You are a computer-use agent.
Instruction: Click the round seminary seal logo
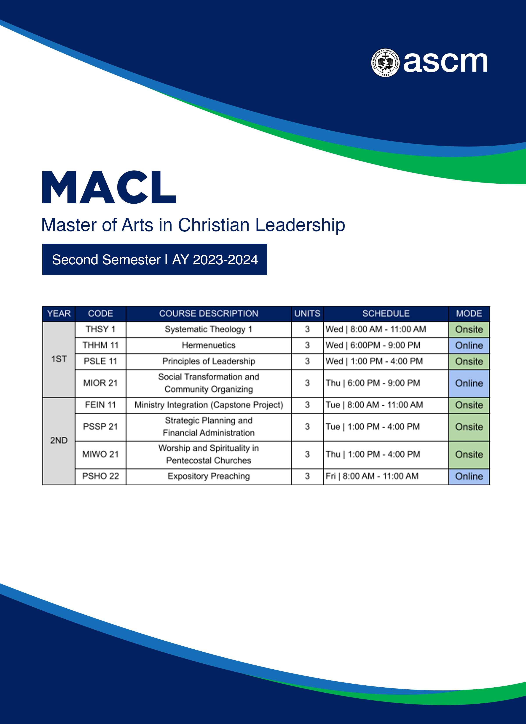[385, 63]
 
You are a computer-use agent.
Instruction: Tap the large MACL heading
[109, 188]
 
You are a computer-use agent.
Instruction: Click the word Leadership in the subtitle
[300, 225]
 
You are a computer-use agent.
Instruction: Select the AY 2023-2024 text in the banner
[215, 260]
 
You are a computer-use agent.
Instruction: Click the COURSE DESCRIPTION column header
[209, 314]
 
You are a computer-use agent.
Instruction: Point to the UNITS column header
[307, 314]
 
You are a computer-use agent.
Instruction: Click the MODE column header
[469, 314]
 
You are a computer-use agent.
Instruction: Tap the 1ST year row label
[59, 359]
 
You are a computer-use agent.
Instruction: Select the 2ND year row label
[59, 441]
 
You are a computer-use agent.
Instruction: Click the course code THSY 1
[100, 329]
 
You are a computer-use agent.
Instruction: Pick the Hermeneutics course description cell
[209, 345]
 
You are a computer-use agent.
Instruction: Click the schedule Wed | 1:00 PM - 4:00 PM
[374, 361]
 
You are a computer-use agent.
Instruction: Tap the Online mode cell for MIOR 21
[469, 383]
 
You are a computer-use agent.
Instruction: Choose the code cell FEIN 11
[100, 405]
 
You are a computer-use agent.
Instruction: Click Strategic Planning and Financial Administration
[209, 427]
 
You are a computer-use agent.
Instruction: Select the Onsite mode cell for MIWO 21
[469, 454]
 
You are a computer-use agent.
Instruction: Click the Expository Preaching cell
[209, 476]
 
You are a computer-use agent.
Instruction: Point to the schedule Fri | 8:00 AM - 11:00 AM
[372, 476]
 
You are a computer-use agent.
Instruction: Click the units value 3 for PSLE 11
[307, 361]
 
